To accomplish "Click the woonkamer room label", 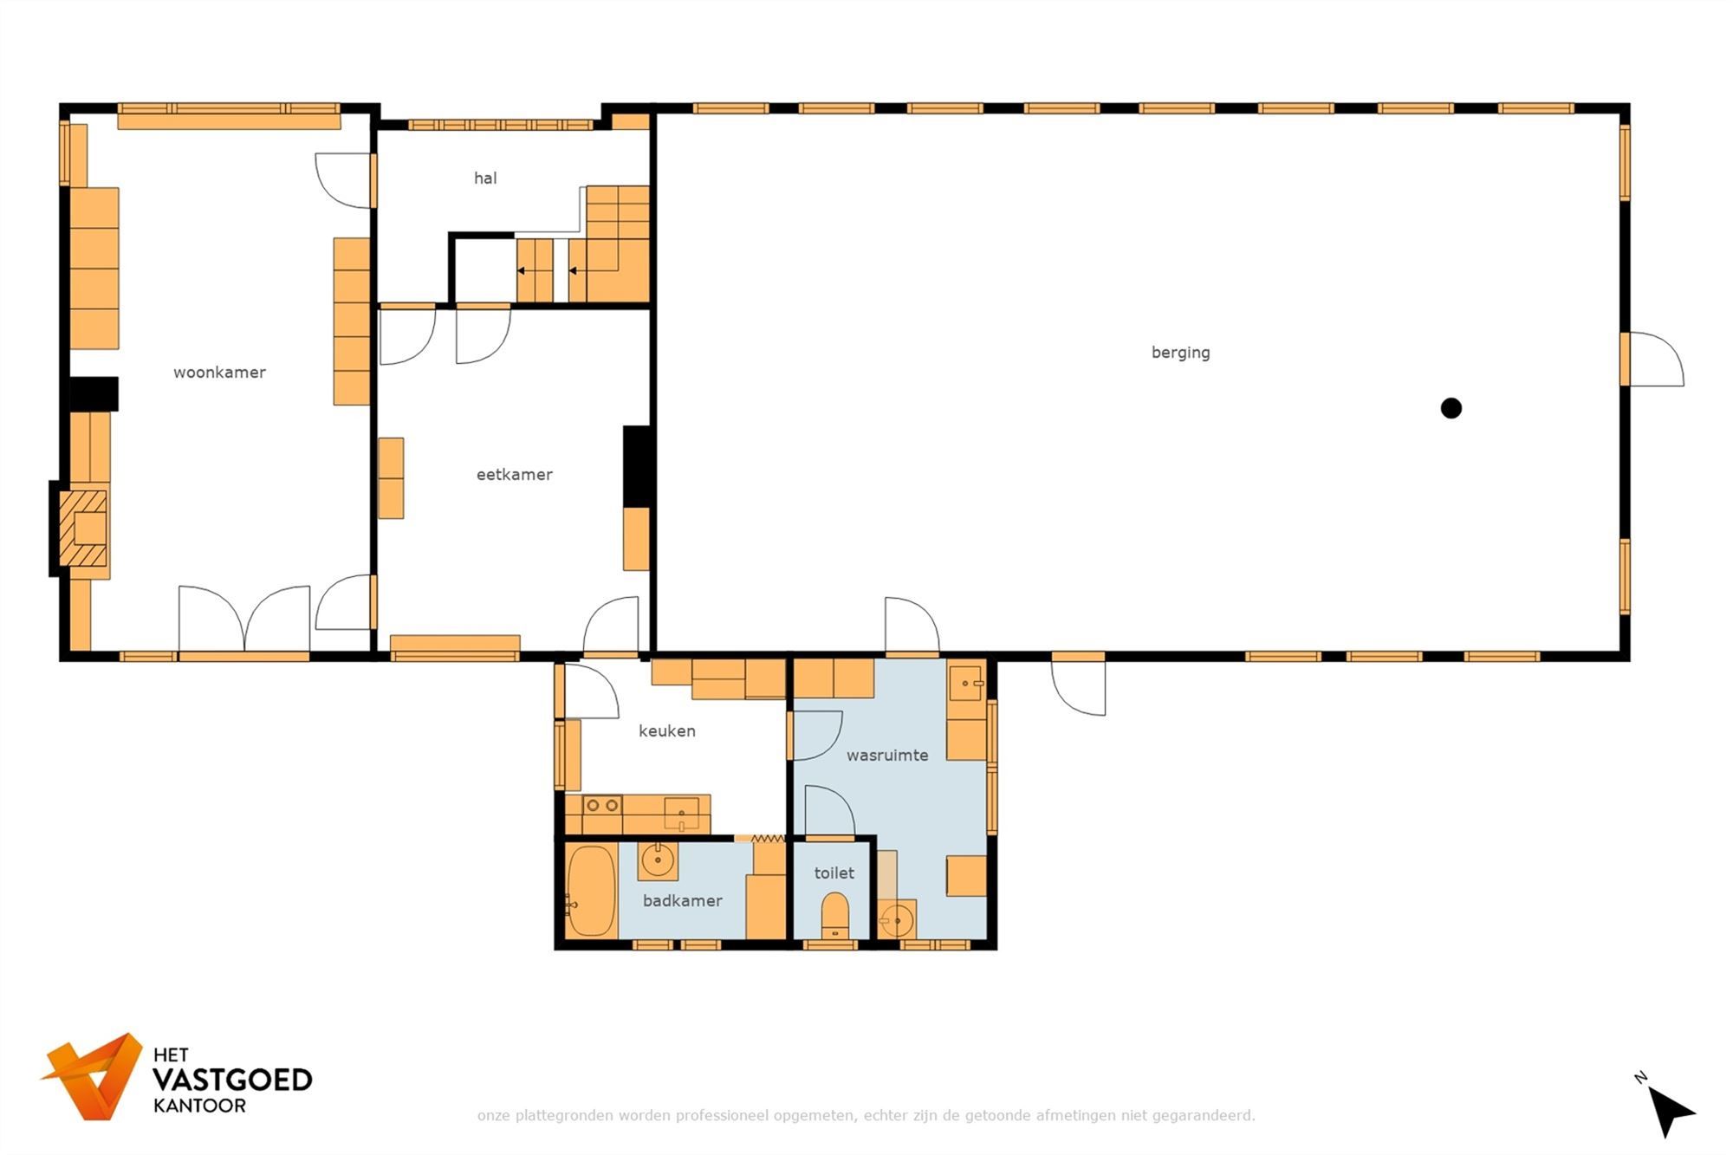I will pos(219,373).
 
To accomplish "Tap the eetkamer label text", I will pos(514,475).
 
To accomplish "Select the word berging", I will pos(1180,353).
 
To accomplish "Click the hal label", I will pos(485,178).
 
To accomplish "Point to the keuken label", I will pos(666,731).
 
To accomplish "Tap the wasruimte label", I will pos(886,756).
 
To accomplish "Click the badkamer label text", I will pos(682,901).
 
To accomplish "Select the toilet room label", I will pos(834,873).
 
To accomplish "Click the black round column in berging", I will pos(1451,408).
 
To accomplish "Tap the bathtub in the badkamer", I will pos(591,891).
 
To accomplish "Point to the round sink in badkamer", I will pos(658,860).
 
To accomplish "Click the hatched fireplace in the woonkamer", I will pos(83,529).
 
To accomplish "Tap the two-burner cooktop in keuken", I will pos(601,805).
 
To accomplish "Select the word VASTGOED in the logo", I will pos(231,1080).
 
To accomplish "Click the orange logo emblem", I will pos(94,1076).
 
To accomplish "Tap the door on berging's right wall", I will pos(1653,360).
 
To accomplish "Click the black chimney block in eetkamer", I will pos(637,466).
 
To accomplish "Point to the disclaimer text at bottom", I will pos(866,1115).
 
